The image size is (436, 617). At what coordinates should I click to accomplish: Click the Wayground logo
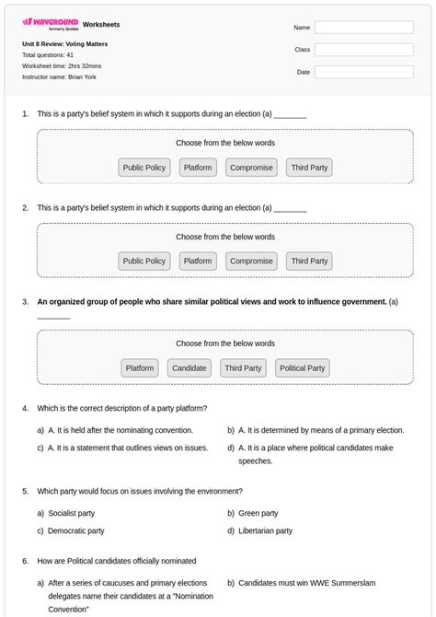50,23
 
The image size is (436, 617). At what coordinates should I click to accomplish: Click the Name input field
363,28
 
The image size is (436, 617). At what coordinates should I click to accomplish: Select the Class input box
363,50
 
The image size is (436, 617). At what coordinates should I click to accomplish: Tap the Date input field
363,72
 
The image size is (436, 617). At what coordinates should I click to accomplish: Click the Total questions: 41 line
48,55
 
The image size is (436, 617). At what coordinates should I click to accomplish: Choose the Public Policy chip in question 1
144,168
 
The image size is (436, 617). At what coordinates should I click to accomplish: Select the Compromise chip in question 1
251,168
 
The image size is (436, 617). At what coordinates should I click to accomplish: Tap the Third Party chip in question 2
309,261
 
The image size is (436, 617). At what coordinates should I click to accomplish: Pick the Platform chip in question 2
198,261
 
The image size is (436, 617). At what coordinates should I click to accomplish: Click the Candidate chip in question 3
189,368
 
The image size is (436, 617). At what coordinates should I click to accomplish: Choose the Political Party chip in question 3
303,368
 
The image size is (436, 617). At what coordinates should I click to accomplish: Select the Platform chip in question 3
140,368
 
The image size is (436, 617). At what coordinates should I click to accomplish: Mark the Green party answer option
258,513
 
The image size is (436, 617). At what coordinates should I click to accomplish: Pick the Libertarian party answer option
265,530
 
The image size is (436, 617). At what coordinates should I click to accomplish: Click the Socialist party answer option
71,513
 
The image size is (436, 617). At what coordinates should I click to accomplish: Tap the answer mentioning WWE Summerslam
306,583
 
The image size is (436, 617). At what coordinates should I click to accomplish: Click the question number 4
25,408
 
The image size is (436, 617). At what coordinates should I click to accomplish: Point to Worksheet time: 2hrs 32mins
62,66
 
